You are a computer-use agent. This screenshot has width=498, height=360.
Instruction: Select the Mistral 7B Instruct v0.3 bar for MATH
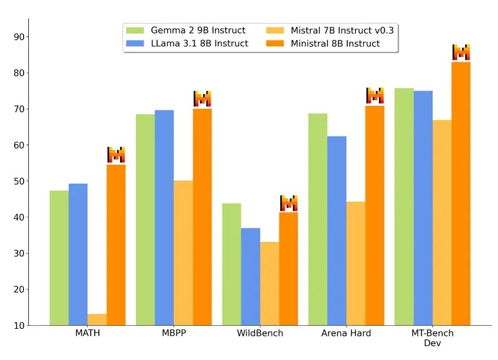click(97, 319)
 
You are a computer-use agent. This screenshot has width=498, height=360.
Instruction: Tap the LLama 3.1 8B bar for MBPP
click(164, 218)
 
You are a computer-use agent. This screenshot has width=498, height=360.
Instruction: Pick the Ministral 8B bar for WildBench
click(288, 268)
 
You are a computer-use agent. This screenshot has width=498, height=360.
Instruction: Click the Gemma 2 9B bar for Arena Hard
click(318, 219)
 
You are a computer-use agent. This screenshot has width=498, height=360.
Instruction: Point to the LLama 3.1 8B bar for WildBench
click(251, 276)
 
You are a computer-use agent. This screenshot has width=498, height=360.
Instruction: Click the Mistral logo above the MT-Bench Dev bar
click(461, 52)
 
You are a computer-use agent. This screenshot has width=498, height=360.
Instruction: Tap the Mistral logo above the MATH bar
click(116, 155)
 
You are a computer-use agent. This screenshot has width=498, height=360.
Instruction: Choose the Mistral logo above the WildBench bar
click(288, 203)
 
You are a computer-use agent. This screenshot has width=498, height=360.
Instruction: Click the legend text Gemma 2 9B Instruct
click(198, 31)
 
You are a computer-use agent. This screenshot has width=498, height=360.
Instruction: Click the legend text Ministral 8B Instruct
click(335, 44)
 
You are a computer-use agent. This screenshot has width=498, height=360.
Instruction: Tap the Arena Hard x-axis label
click(346, 334)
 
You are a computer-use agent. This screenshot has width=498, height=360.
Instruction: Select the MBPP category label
click(174, 334)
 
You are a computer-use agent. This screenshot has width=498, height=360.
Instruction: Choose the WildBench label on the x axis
click(260, 334)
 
